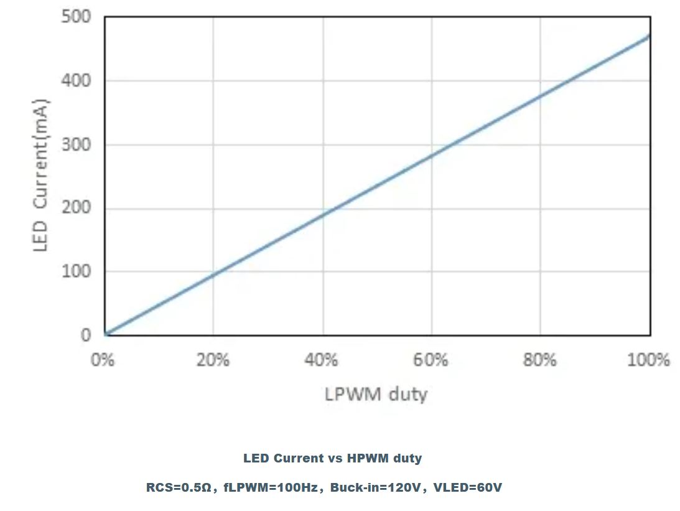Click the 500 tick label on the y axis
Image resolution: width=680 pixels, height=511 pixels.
(76, 17)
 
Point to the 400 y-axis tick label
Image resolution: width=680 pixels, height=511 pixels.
(76, 81)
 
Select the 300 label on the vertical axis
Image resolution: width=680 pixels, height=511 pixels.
(76, 144)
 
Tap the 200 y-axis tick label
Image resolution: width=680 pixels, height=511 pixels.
(76, 208)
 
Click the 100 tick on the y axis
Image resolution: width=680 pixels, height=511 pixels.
(76, 271)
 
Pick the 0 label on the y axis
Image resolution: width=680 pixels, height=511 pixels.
(85, 335)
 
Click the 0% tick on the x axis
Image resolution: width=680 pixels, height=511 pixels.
(103, 360)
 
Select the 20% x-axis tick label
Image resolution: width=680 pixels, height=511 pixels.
(213, 360)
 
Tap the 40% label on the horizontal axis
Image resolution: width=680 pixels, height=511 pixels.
(322, 360)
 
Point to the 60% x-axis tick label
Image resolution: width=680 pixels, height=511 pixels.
(431, 360)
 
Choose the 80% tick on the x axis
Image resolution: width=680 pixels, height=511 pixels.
(539, 360)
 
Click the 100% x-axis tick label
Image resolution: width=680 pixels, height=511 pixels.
(648, 360)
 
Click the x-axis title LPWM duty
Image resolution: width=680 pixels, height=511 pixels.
(376, 394)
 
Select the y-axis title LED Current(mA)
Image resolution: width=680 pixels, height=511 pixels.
(40, 176)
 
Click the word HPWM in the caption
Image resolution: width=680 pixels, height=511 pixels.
(366, 458)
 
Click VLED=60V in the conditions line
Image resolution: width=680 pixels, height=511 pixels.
(467, 487)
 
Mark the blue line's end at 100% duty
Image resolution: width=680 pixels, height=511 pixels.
(650, 36)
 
